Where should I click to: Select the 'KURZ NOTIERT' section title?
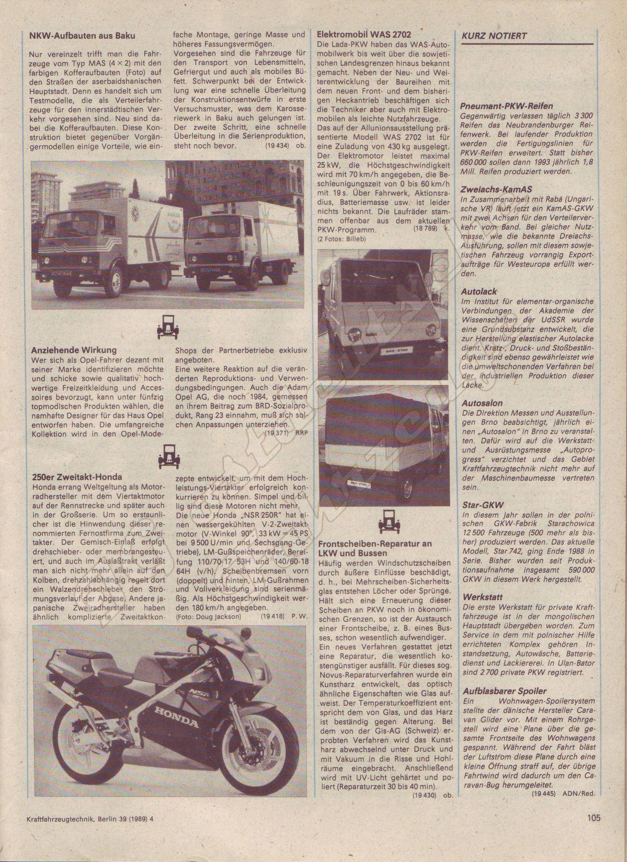[x=494, y=36]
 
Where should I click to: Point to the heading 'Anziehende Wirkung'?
[x=74, y=350]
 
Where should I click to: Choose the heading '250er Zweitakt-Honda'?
[x=77, y=476]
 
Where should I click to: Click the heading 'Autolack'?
[x=479, y=291]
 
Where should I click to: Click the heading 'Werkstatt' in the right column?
[x=482, y=596]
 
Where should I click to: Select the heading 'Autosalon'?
[x=482, y=403]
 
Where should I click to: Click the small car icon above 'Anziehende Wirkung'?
[x=165, y=328]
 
